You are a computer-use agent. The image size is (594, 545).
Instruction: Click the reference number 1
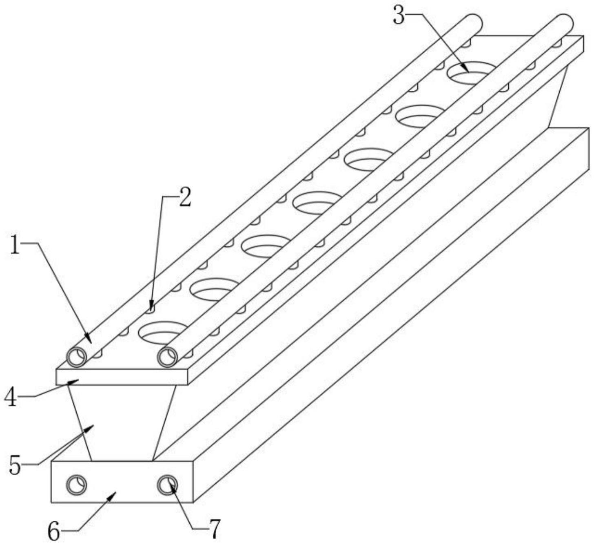coord(15,247)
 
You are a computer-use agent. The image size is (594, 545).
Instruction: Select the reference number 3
coord(398,16)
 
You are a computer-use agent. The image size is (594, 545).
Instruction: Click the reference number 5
coord(15,466)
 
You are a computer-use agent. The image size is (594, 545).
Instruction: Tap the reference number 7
coord(215,529)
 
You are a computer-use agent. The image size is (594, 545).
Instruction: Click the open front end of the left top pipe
coord(77,357)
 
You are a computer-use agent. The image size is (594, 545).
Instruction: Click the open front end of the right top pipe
coord(167,357)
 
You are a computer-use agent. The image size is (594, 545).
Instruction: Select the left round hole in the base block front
coord(76,485)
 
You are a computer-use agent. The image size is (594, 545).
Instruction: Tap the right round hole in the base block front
coord(167,485)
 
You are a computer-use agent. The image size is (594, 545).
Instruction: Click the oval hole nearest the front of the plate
coord(162,333)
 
